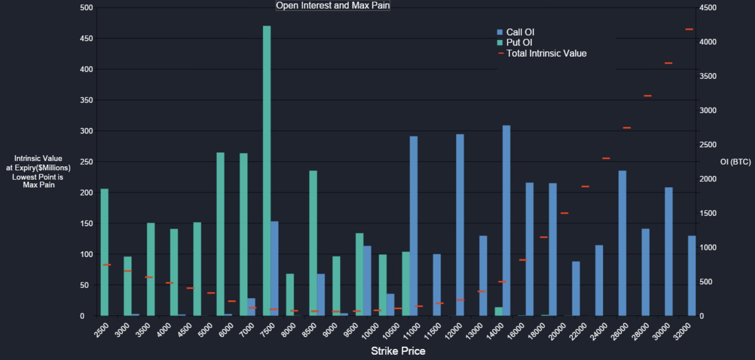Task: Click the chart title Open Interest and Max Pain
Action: point(333,6)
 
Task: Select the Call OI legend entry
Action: point(519,32)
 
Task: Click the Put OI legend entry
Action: point(518,43)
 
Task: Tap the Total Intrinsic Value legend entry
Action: point(546,53)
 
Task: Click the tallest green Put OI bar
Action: point(267,170)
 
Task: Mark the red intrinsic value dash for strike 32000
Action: point(689,29)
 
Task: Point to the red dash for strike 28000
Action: point(648,96)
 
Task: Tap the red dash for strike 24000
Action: point(606,159)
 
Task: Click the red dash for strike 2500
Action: point(107,265)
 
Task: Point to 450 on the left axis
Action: point(86,38)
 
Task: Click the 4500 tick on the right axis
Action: point(708,8)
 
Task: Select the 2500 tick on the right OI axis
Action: point(708,145)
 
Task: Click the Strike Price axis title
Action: point(398,351)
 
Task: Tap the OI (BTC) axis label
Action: point(735,162)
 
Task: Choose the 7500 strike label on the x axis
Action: point(267,331)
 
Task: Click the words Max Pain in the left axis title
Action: point(39,185)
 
